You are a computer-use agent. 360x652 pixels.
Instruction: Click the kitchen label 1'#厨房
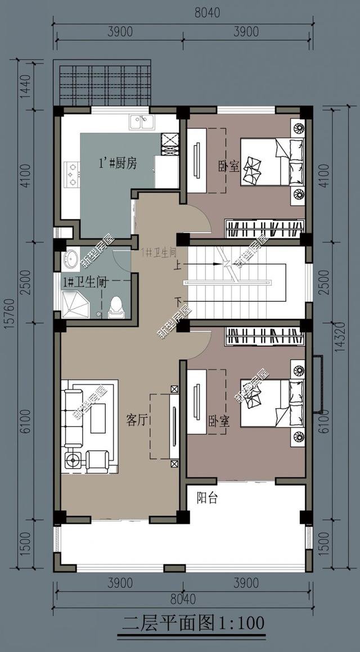click(x=118, y=163)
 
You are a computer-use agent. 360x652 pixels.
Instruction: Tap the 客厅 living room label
click(x=137, y=420)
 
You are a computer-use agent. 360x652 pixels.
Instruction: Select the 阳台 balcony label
click(x=207, y=498)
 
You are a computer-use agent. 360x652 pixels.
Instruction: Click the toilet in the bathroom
click(x=115, y=306)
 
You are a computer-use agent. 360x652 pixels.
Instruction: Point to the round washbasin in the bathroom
click(x=71, y=259)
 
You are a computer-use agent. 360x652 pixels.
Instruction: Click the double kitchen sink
click(x=142, y=122)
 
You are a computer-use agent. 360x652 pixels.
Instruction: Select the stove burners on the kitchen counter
click(x=72, y=174)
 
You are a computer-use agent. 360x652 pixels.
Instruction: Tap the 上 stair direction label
click(x=178, y=263)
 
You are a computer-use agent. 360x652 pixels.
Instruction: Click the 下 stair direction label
click(x=178, y=299)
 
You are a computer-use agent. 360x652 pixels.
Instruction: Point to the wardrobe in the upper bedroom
click(x=265, y=228)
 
